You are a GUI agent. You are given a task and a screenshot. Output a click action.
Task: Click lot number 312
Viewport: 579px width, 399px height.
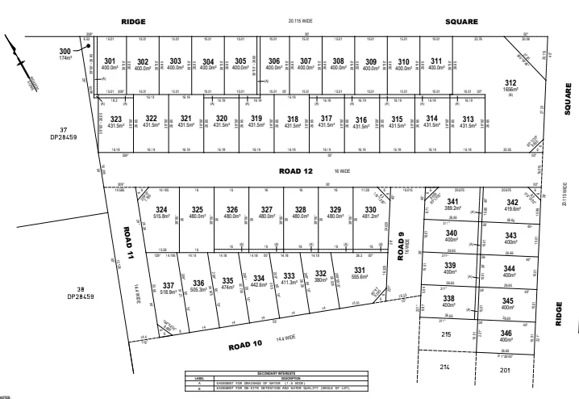pyautogui.click(x=510, y=83)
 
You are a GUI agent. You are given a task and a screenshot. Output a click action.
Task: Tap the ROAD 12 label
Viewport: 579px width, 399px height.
pyautogui.click(x=295, y=171)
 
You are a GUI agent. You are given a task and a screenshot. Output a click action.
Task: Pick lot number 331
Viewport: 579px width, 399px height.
pyautogui.click(x=360, y=270)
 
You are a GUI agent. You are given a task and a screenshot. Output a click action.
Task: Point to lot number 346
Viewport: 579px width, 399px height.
pyautogui.click(x=506, y=333)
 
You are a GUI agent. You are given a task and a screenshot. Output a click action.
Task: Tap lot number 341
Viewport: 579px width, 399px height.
pyautogui.click(x=453, y=201)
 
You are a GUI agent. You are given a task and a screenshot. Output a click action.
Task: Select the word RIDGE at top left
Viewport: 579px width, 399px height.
pyautogui.click(x=131, y=22)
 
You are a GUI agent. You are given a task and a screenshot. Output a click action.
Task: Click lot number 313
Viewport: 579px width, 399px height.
pyautogui.click(x=468, y=119)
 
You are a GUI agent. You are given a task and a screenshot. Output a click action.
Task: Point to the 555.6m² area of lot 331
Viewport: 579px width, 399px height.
pyautogui.click(x=360, y=277)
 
